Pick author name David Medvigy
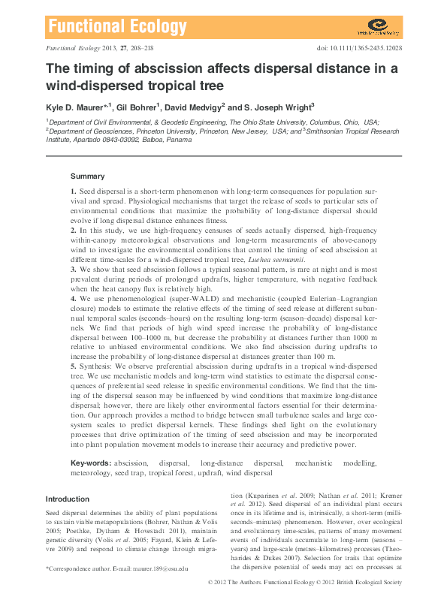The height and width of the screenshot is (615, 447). (193, 107)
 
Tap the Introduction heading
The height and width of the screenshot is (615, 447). (68, 499)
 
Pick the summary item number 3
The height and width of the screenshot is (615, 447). (73, 267)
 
